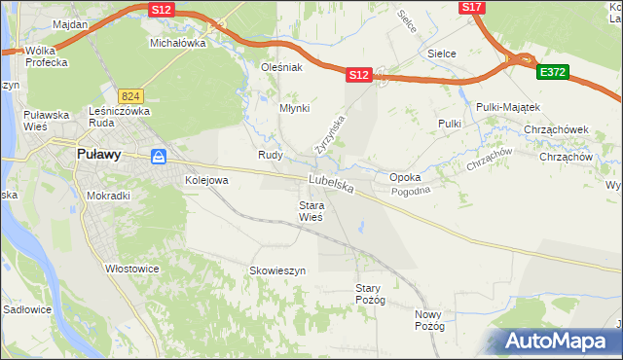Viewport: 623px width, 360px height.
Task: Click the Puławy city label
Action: click(x=97, y=153)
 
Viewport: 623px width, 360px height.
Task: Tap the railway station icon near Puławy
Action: click(x=159, y=157)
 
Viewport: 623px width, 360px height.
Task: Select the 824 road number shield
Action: click(x=130, y=96)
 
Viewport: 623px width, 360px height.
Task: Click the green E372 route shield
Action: click(x=552, y=72)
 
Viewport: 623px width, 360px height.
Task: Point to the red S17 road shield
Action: click(x=471, y=7)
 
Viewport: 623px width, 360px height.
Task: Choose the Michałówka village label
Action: click(x=177, y=43)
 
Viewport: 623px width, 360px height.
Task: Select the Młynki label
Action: click(x=294, y=109)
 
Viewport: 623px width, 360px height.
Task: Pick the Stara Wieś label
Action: click(x=311, y=211)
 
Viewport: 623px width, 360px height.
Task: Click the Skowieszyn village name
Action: click(x=277, y=270)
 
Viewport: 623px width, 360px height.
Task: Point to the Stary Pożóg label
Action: click(x=371, y=294)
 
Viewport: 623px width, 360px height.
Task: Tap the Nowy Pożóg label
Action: click(x=428, y=320)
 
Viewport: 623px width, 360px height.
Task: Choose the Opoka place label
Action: click(x=405, y=178)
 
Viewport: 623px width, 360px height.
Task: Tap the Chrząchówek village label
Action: click(x=557, y=127)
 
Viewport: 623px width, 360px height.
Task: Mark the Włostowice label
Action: click(x=132, y=268)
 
